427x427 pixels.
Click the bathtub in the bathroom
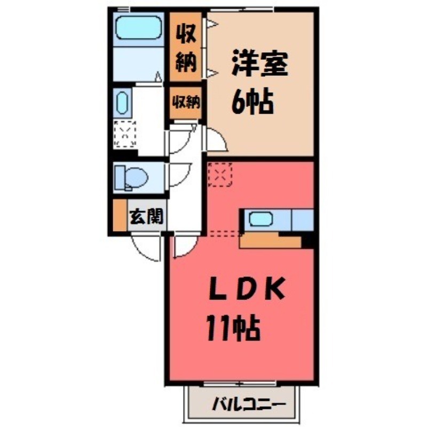pos(138,27)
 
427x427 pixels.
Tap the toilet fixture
pos(133,176)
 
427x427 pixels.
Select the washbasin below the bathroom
pos(122,101)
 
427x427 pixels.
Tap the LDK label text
pos(247,291)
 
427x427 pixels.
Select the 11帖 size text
pos(233,330)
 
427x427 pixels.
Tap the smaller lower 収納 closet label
pos(186,101)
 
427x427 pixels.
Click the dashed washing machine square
pos(126,133)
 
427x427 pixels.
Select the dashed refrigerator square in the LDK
pos(220,174)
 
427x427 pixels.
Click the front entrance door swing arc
pos(145,248)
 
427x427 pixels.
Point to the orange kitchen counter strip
pos(271,241)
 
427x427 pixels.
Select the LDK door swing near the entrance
pos(184,247)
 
